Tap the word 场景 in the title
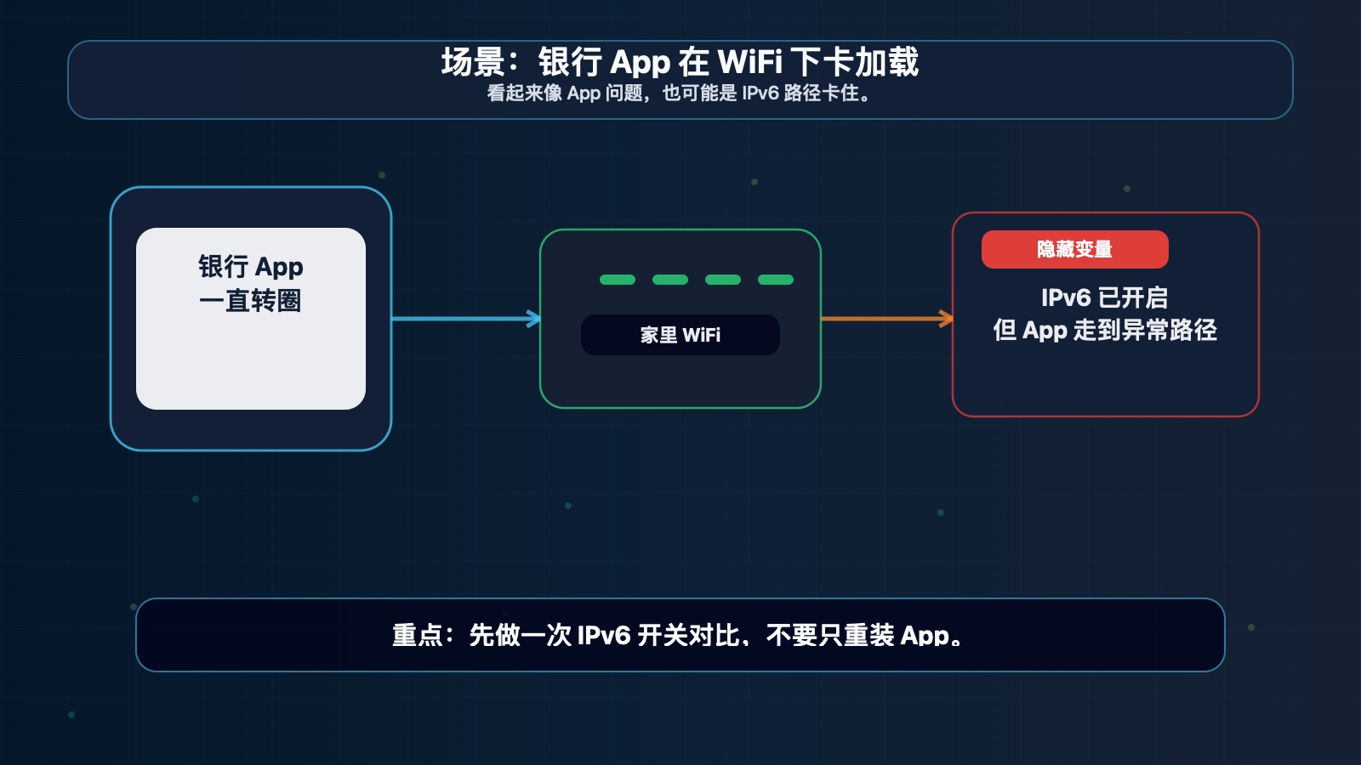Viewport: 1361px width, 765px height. pos(473,62)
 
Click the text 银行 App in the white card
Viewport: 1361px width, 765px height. pos(251,267)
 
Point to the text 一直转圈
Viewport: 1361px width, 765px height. pos(250,301)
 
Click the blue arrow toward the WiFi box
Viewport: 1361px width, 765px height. pos(466,319)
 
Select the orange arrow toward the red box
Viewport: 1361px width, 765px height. pos(887,319)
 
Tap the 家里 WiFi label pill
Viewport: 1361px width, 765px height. pos(680,335)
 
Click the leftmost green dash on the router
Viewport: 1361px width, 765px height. pos(618,280)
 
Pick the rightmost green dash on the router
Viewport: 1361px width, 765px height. pos(776,280)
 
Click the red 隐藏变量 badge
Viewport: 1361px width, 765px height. pos(1075,250)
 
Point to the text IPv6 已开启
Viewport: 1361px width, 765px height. pos(1105,297)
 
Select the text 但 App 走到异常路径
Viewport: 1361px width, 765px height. pos(1105,331)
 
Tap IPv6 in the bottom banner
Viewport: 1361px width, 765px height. pos(604,636)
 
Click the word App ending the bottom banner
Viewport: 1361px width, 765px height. pos(925,637)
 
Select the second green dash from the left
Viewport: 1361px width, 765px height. pos(670,280)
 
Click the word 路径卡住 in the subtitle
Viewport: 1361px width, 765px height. pos(822,93)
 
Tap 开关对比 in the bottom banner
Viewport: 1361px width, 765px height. pos(688,636)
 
